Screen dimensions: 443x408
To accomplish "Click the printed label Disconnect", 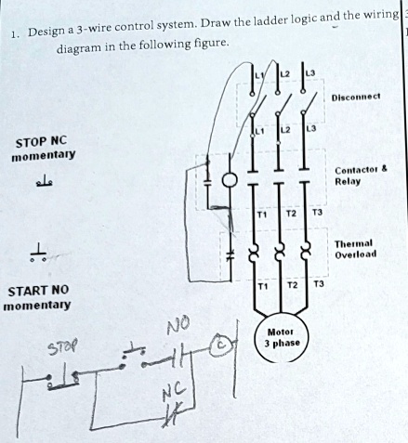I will pyautogui.click(x=359, y=96).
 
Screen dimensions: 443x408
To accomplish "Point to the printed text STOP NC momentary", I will pyautogui.click(x=42, y=150).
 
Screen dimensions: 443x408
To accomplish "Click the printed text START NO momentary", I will pyautogui.click(x=40, y=297).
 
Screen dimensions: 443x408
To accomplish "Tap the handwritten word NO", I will pyautogui.click(x=178, y=326).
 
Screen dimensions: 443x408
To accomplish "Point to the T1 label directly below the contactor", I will pyautogui.click(x=263, y=213).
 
